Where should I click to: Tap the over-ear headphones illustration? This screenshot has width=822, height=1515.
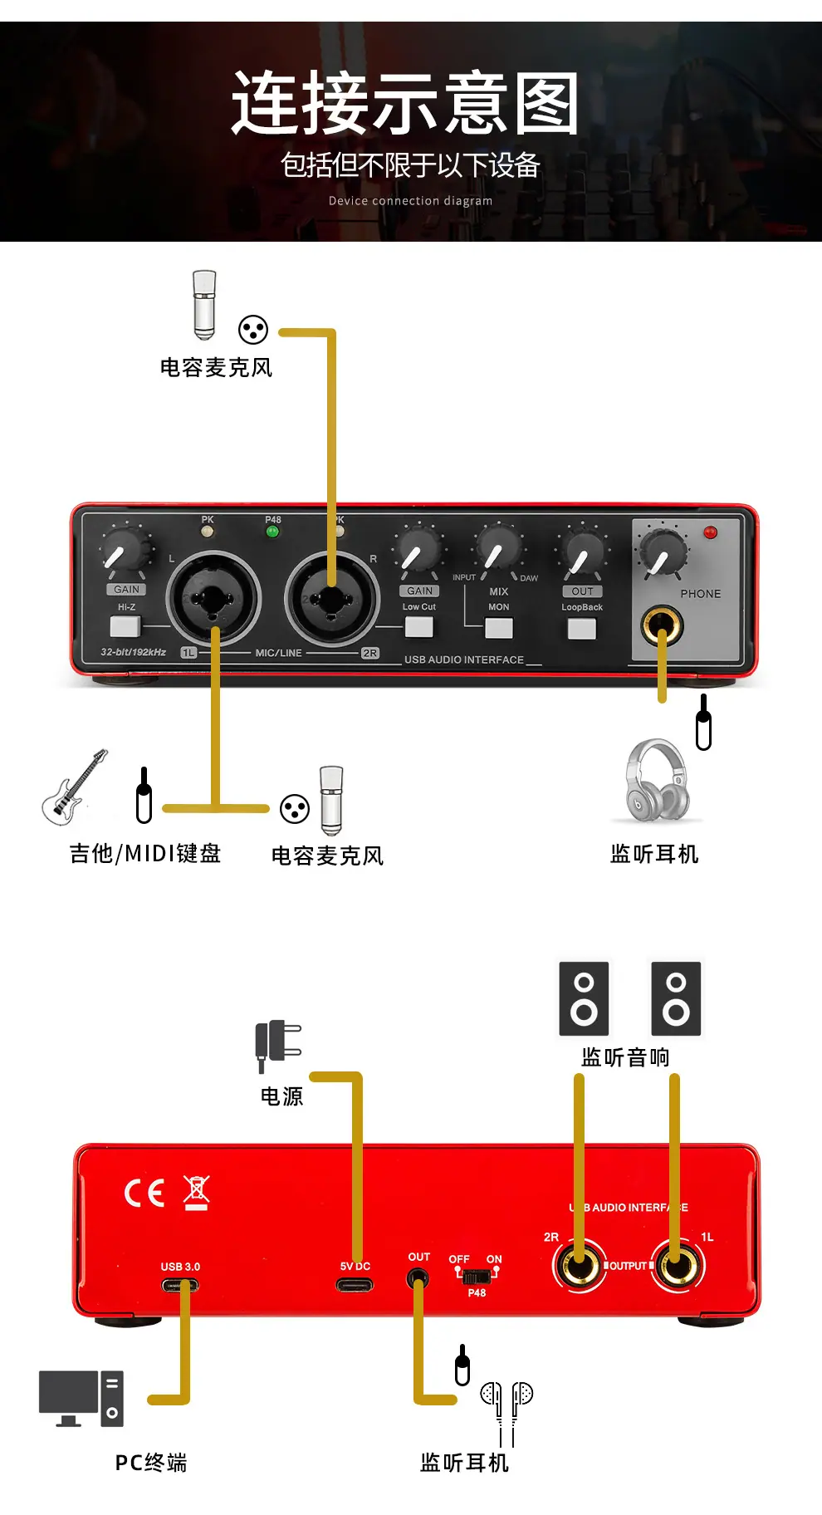[x=657, y=781]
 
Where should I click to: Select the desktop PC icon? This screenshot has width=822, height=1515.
[x=81, y=1398]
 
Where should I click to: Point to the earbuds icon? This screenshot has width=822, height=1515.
[x=506, y=1412]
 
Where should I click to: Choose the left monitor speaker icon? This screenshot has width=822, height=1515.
[x=584, y=998]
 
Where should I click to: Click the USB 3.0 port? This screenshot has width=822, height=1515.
[x=180, y=1285]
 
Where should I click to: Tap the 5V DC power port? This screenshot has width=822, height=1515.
[x=355, y=1285]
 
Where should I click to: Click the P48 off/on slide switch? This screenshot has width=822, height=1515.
[x=476, y=1276]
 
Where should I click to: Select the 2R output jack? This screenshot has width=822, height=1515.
[x=579, y=1266]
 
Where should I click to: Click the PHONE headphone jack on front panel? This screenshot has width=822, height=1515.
[x=662, y=625]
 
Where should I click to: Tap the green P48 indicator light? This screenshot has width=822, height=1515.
[x=272, y=532]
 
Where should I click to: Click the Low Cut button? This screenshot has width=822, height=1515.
[x=418, y=626]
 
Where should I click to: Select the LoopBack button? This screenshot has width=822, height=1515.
[x=581, y=628]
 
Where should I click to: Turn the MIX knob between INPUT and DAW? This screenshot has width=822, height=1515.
[x=497, y=547]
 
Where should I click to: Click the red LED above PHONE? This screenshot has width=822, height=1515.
[x=710, y=532]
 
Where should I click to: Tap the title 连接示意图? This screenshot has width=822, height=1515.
[x=405, y=103]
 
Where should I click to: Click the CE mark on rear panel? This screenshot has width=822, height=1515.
[x=144, y=1194]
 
